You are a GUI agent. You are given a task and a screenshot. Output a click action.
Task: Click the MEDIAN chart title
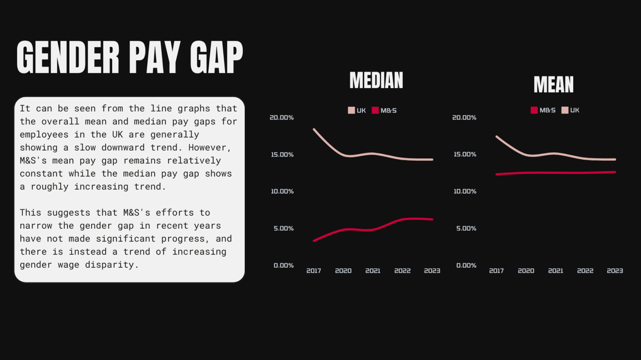point(376,80)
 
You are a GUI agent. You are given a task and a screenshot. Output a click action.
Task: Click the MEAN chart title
point(553,85)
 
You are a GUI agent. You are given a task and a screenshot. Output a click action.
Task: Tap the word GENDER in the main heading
point(68,57)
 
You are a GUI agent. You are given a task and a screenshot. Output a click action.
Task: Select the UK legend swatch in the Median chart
point(351,111)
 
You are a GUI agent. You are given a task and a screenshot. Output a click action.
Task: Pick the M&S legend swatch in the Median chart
point(375,111)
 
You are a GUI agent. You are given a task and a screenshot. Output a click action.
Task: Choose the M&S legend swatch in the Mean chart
point(534,110)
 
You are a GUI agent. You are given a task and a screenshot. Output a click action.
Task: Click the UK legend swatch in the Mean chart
point(565,110)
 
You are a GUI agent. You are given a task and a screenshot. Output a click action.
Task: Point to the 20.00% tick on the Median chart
point(281,118)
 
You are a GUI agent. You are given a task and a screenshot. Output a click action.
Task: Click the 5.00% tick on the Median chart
point(284,229)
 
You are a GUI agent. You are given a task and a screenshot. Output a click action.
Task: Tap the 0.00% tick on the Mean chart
point(466,266)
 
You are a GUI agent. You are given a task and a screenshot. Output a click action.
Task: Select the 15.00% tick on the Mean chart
point(465,155)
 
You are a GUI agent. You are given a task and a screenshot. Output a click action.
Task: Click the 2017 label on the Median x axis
point(313,271)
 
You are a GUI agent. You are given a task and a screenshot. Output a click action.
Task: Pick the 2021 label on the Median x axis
point(373,271)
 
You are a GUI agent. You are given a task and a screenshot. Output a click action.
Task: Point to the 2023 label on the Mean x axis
point(615,271)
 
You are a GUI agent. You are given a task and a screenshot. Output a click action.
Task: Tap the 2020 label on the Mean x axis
point(526,271)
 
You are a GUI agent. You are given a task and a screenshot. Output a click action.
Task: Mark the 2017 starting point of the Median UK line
point(314,129)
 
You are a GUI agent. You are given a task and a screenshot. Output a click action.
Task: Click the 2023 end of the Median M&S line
point(432,219)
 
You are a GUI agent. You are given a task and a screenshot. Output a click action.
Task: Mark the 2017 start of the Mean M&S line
point(497,174)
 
